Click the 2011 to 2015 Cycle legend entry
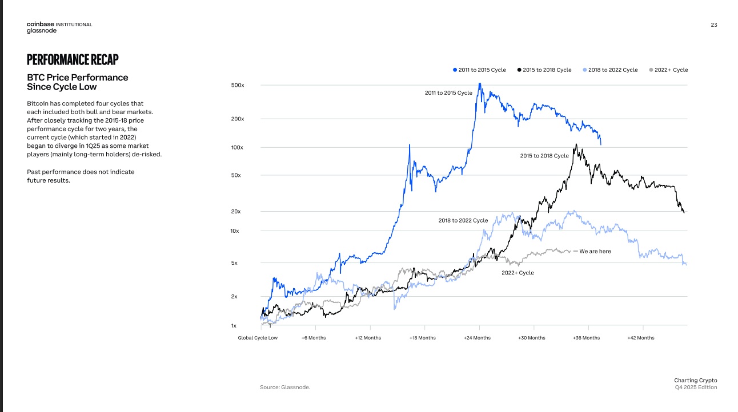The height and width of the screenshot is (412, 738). click(479, 70)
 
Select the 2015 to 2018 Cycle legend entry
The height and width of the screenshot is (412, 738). click(544, 70)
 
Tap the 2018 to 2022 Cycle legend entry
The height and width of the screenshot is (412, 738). click(610, 70)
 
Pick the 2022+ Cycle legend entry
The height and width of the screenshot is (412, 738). click(668, 70)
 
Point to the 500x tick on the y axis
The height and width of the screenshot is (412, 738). click(238, 85)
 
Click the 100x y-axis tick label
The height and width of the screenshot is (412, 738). click(238, 147)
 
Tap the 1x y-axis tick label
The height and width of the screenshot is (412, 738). click(234, 326)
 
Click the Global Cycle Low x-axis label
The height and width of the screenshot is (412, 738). click(258, 338)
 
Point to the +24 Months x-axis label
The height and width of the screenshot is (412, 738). click(477, 338)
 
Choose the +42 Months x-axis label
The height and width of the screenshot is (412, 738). click(641, 338)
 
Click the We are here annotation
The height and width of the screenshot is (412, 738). click(595, 251)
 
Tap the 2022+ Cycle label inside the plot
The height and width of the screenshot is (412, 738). click(518, 273)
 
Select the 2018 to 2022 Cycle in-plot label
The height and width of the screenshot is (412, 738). click(463, 220)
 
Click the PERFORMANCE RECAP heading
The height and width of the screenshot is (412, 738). click(73, 59)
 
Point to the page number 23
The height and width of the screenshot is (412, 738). click(714, 25)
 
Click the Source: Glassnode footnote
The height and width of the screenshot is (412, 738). click(285, 387)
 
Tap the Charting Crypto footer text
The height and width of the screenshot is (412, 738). click(695, 380)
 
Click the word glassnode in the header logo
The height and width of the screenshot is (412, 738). click(42, 31)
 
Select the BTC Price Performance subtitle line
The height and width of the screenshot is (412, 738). click(78, 78)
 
